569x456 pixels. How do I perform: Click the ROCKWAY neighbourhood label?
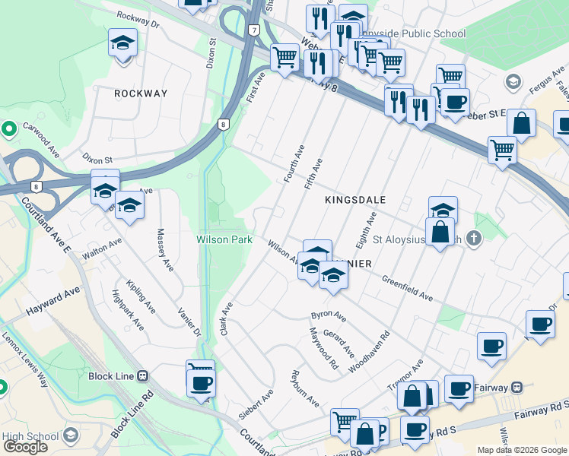pos(140,93)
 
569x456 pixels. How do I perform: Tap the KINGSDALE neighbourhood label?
pos(355,200)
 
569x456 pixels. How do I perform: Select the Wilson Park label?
pos(224,239)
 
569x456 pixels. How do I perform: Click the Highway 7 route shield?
pos(254,30)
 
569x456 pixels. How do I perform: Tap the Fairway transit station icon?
pos(517,388)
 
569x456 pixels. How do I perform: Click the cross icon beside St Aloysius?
pos(474,239)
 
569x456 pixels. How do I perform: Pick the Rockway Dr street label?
pos(138,19)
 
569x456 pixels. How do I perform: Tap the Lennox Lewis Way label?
pos(25,359)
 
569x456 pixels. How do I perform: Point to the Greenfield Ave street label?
pos(407,287)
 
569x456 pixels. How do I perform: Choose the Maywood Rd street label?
pos(323,348)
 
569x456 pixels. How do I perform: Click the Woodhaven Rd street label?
pos(369,351)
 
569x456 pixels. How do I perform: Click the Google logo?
pos(25,447)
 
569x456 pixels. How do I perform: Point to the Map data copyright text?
pos(521,450)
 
